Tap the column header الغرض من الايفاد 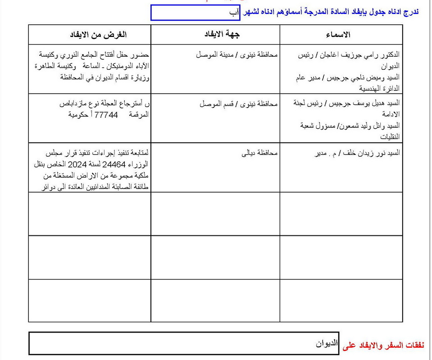coord(98,35)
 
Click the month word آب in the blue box coord(235,13)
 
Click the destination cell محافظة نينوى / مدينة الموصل coord(237,55)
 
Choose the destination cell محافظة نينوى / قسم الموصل coord(239,104)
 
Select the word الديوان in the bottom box coord(326,344)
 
